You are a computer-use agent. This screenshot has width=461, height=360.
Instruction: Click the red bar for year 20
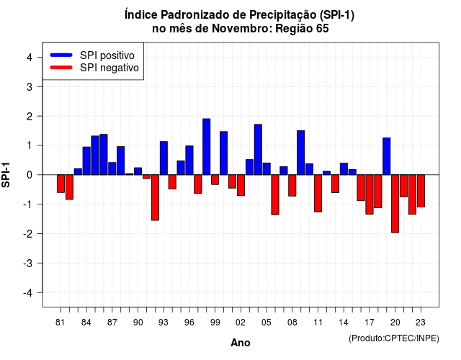pyautogui.click(x=395, y=204)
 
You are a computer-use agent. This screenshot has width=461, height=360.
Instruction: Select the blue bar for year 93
pyautogui.click(x=164, y=158)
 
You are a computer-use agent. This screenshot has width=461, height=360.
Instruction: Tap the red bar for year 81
pyautogui.click(x=61, y=184)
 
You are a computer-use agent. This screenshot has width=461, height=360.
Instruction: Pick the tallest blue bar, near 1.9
pyautogui.click(x=207, y=147)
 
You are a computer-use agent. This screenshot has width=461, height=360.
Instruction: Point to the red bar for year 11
pyautogui.click(x=318, y=194)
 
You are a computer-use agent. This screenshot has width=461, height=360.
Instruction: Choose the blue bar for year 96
pyautogui.click(x=189, y=160)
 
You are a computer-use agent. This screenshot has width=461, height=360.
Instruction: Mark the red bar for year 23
pyautogui.click(x=421, y=191)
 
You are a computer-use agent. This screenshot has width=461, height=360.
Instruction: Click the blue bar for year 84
pyautogui.click(x=86, y=161)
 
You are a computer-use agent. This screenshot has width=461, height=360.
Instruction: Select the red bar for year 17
pyautogui.click(x=370, y=194)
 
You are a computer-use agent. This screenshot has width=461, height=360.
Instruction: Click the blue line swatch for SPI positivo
pyautogui.click(x=61, y=55)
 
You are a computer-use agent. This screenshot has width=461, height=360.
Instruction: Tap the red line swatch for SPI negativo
pyautogui.click(x=61, y=67)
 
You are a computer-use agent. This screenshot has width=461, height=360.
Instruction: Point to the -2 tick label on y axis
pyautogui.click(x=28, y=233)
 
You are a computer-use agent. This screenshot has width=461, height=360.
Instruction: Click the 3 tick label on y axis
pyautogui.click(x=30, y=86)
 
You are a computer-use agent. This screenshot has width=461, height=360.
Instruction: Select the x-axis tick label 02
pyautogui.click(x=241, y=323)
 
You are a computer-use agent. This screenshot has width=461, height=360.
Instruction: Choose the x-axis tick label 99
pyautogui.click(x=215, y=323)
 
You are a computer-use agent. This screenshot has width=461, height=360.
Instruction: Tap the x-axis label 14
pyautogui.click(x=344, y=323)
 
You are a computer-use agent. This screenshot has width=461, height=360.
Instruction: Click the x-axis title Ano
pyautogui.click(x=241, y=343)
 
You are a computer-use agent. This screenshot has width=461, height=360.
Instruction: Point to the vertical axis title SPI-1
pyautogui.click(x=6, y=175)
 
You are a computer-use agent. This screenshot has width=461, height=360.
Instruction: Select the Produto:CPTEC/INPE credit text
pyautogui.click(x=394, y=338)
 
